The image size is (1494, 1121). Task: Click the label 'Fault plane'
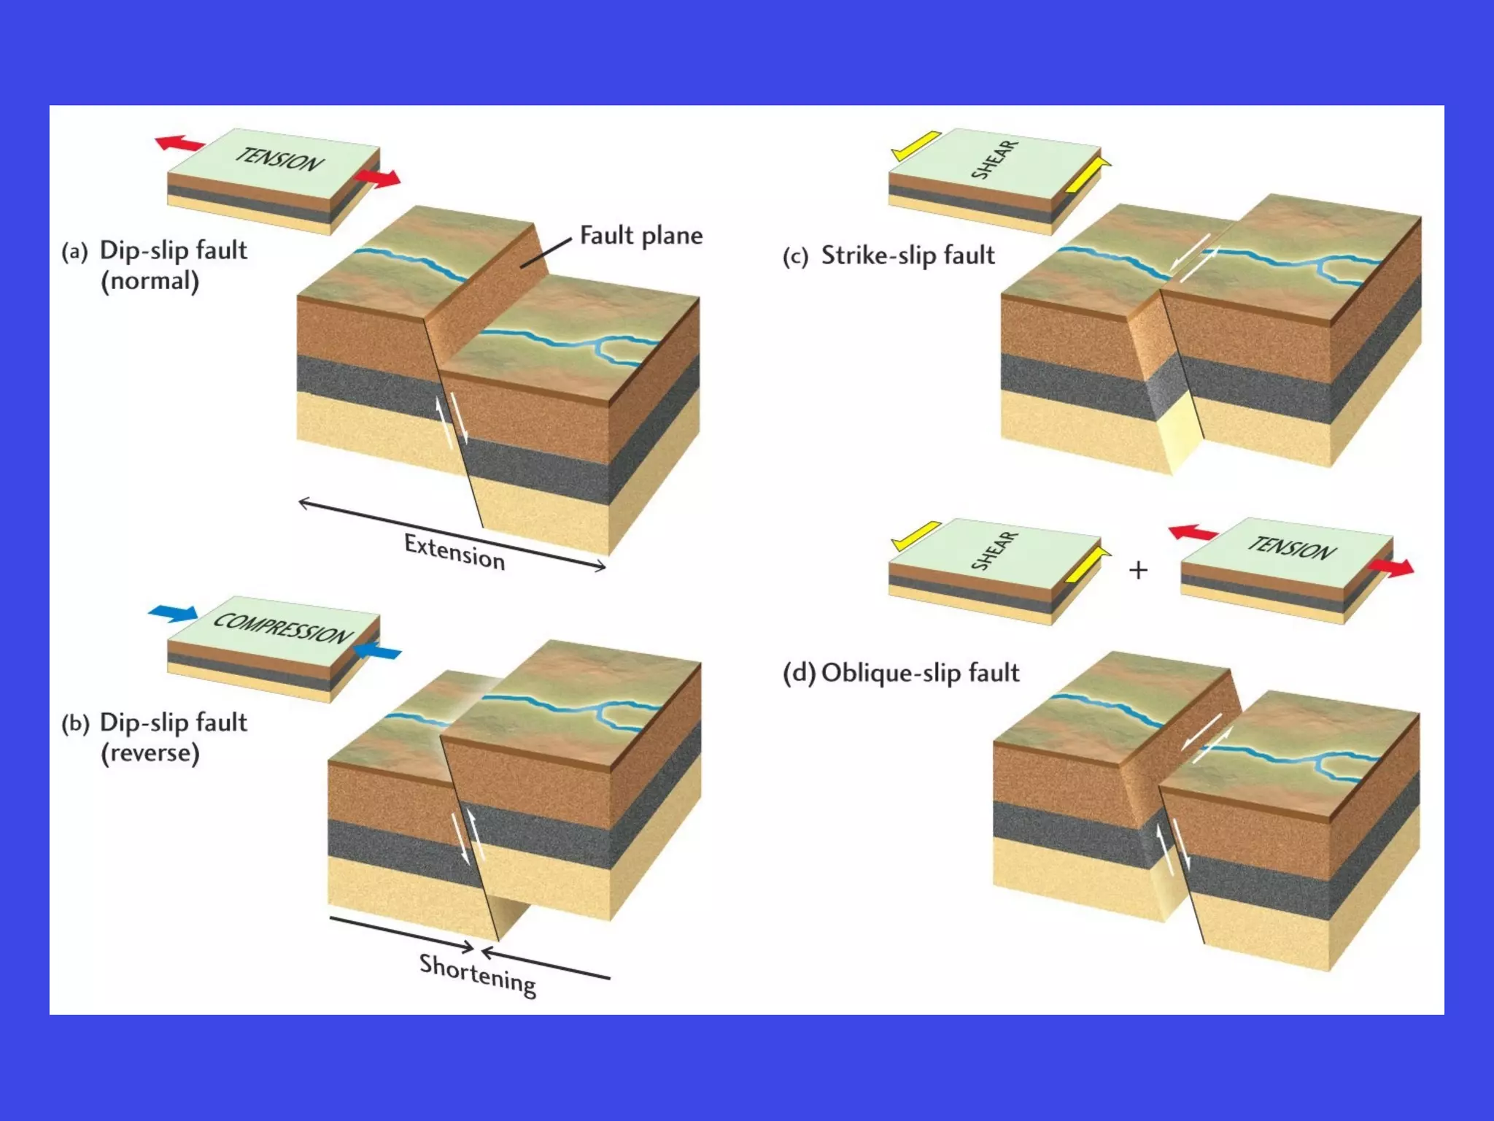pyautogui.click(x=640, y=236)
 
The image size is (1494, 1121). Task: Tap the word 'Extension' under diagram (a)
pyautogui.click(x=454, y=552)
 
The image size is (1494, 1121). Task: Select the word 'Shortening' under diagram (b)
pyautogui.click(x=478, y=974)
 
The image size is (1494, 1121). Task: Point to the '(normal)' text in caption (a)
pyautogui.click(x=150, y=281)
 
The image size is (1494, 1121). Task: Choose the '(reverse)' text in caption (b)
pyautogui.click(x=150, y=753)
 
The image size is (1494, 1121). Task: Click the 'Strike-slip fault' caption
pyautogui.click(x=907, y=255)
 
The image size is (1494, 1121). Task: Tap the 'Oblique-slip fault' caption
pyautogui.click(x=920, y=673)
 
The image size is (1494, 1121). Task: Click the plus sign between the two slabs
pyautogui.click(x=1138, y=570)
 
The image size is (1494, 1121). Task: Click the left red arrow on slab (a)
pyautogui.click(x=179, y=143)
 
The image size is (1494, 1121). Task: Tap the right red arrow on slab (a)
pyautogui.click(x=377, y=178)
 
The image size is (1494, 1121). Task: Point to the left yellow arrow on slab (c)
pyautogui.click(x=916, y=145)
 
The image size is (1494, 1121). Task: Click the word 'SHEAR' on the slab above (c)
pyautogui.click(x=994, y=160)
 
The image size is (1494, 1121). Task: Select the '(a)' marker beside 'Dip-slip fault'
pyautogui.click(x=74, y=253)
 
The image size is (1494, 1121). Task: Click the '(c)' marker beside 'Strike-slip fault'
pyautogui.click(x=795, y=257)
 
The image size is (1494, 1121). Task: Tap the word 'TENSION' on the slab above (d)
pyautogui.click(x=1291, y=547)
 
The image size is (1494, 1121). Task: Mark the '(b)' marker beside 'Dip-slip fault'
pyautogui.click(x=75, y=724)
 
